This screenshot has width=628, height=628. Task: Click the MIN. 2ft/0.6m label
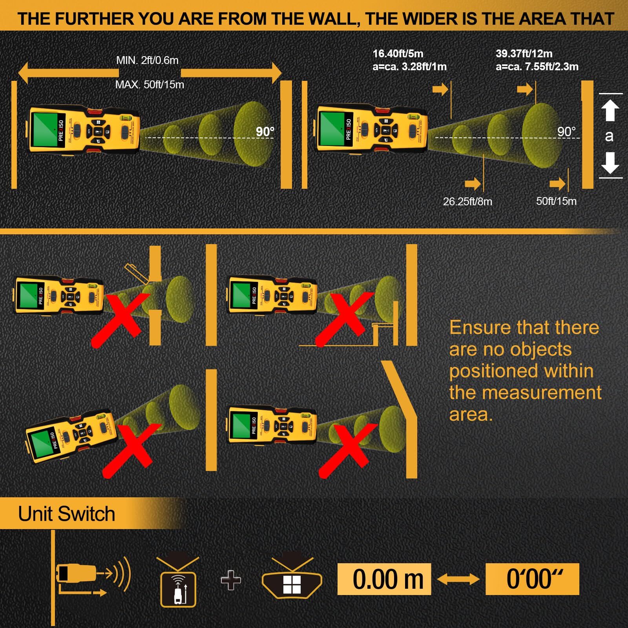(147, 60)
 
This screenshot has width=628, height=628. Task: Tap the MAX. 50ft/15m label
(150, 85)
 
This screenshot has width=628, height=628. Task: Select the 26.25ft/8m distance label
(467, 202)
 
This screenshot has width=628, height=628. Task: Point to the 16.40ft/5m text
(398, 53)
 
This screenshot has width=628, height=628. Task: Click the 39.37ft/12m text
(524, 53)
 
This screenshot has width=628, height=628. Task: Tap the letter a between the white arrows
(609, 136)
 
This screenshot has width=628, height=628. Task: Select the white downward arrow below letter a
(610, 163)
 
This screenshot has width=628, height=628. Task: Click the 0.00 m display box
(384, 579)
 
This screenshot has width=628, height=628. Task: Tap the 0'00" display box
(532, 579)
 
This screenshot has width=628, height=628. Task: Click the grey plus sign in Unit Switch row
(231, 580)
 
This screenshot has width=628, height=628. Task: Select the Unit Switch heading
(67, 514)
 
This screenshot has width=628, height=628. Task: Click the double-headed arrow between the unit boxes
(458, 579)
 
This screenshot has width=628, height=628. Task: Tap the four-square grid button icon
(292, 584)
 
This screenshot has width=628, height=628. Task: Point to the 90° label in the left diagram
(265, 132)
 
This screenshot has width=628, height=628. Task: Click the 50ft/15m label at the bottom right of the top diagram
(556, 201)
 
